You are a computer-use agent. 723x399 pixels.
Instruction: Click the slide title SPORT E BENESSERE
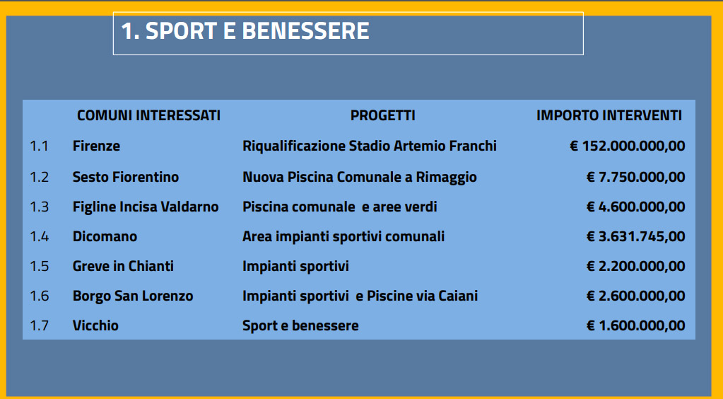(x=245, y=31)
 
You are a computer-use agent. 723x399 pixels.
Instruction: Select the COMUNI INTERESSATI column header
(x=148, y=115)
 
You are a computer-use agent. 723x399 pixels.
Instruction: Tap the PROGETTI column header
(x=383, y=115)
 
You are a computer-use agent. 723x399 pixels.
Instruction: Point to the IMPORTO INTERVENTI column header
(x=609, y=115)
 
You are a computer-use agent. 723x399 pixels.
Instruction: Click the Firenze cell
(x=96, y=146)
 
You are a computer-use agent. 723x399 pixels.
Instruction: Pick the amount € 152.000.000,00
(x=628, y=146)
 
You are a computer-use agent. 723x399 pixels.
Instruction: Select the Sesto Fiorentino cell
(x=126, y=177)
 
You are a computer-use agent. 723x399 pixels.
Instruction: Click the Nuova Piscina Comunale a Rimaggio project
(x=360, y=178)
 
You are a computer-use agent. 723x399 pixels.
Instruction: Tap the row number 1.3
(x=39, y=207)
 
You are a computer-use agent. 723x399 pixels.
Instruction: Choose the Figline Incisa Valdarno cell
(x=146, y=207)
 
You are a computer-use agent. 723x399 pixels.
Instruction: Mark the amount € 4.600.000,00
(x=636, y=207)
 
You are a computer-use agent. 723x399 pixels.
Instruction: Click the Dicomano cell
(x=105, y=236)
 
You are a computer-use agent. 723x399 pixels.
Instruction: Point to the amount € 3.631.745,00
(x=636, y=236)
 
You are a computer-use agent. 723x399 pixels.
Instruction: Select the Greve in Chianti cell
(x=123, y=266)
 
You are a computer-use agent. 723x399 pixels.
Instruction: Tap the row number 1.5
(x=39, y=267)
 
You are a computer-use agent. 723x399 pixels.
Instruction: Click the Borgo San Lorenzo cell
(x=133, y=296)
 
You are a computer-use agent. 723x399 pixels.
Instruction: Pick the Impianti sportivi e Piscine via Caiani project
(x=360, y=296)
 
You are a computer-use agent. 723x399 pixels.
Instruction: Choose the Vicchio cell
(x=95, y=325)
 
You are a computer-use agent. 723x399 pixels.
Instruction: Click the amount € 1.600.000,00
(x=636, y=325)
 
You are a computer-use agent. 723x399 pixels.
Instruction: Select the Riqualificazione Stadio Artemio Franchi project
(x=370, y=146)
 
